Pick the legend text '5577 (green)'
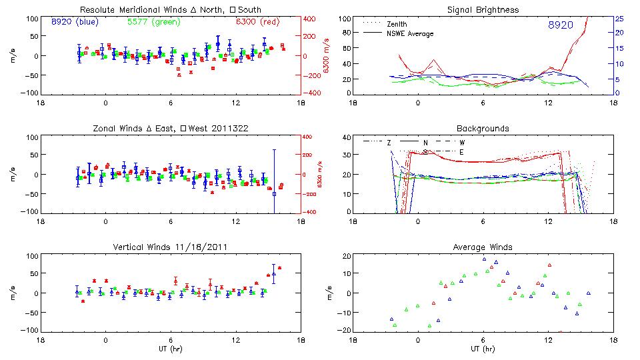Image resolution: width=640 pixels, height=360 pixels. coord(151,22)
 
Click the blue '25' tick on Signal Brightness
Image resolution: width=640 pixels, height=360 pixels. coord(619,19)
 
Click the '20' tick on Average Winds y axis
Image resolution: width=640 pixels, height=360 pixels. coord(345,256)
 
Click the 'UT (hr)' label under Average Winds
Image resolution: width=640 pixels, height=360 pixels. coord(483,349)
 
